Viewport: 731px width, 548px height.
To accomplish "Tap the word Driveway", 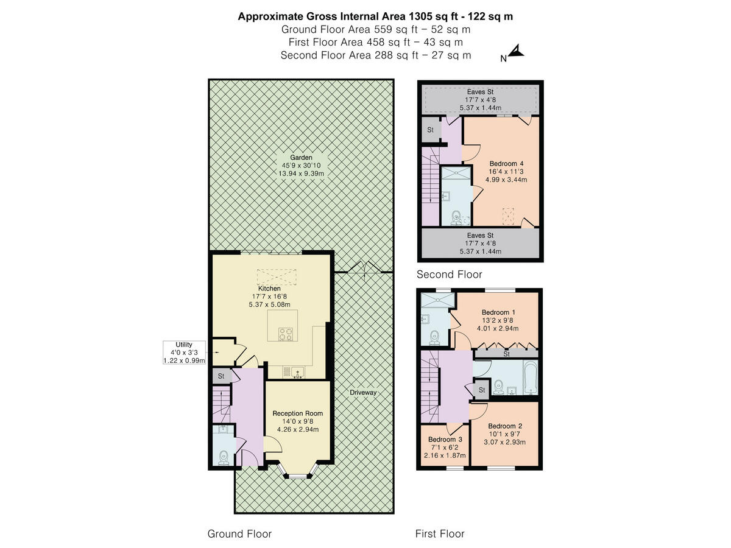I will click(363, 393).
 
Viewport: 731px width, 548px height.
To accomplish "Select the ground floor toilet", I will click(224, 456).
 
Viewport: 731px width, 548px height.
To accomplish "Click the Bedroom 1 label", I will click(498, 312).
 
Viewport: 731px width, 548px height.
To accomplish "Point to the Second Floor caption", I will click(449, 275).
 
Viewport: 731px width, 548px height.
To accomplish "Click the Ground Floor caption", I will click(239, 534).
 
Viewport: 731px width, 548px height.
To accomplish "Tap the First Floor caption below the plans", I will click(440, 534).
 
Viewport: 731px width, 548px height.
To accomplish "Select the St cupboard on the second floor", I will click(430, 130).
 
